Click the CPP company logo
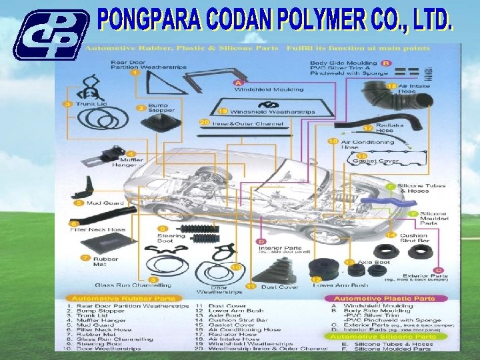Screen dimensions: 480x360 click(50, 35)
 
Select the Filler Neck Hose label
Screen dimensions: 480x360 click(98, 229)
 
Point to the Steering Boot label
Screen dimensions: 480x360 click(166, 237)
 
